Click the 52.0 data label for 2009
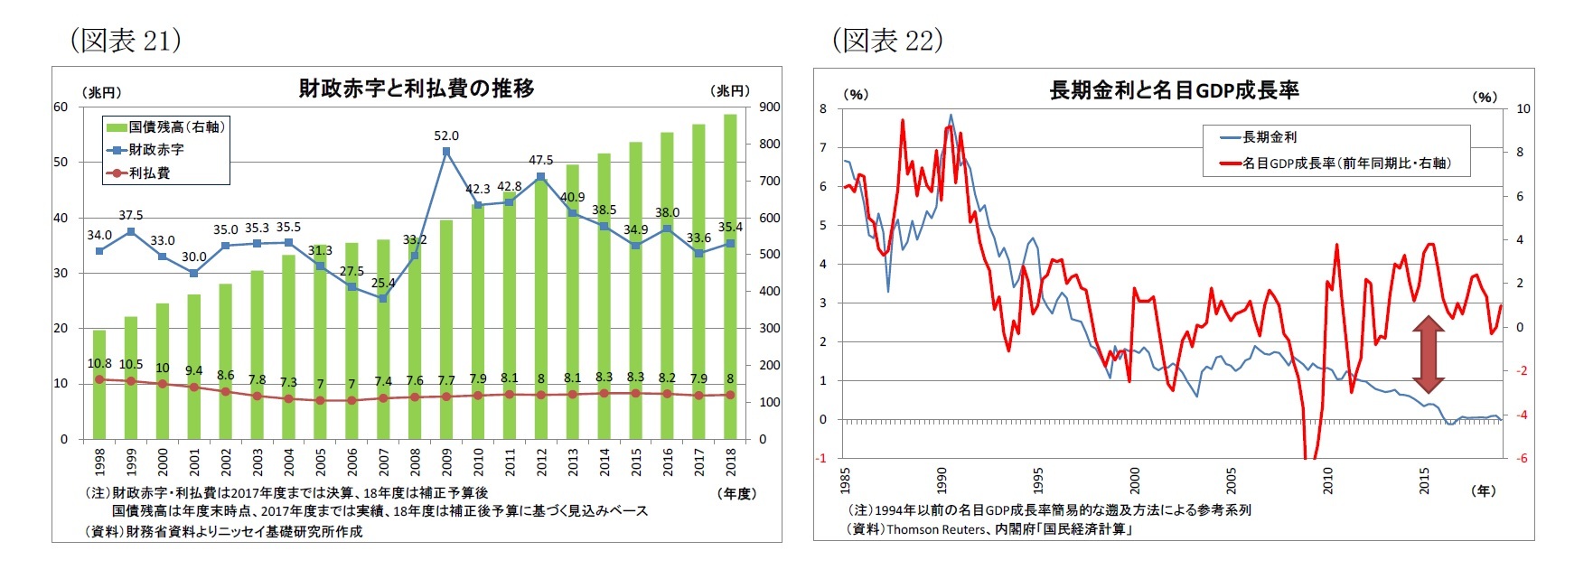coord(446,135)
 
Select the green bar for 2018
coord(730,271)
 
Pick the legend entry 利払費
coord(149,173)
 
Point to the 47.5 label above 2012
coord(541,160)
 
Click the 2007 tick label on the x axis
coord(383,462)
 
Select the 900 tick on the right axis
coord(769,107)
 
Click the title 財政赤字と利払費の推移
coord(417,89)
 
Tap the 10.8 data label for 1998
coord(99,363)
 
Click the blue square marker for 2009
coord(446,152)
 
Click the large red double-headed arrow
coord(1428,353)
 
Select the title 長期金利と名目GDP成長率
coord(1174,90)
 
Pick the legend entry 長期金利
coord(1270,136)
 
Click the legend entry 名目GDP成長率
coord(1346,163)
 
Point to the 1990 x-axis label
coord(942,479)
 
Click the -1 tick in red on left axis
coord(821,458)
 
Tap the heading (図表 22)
coord(886,40)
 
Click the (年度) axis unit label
coord(737,493)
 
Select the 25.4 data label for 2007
coord(383,283)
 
